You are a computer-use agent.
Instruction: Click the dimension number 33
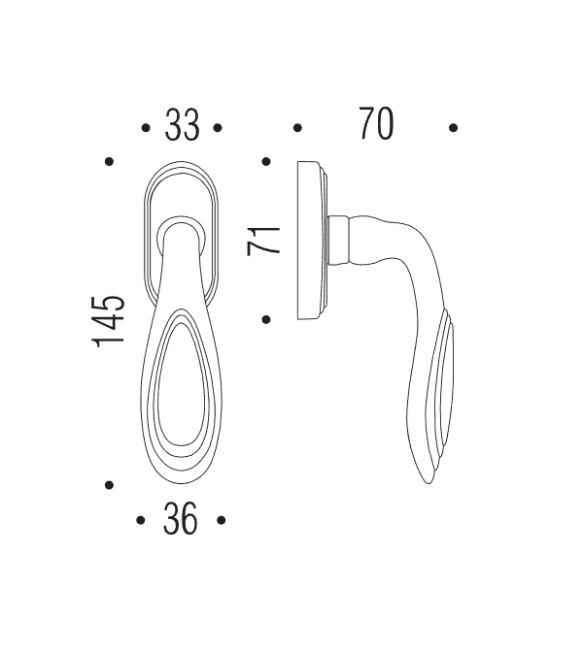(182, 126)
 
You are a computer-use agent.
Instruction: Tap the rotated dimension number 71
(264, 241)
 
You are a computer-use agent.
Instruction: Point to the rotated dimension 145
(110, 320)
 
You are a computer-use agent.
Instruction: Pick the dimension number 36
(181, 521)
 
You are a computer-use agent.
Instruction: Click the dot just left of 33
(145, 127)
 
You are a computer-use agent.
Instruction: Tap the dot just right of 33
(219, 127)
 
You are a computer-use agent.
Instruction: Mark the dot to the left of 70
(297, 127)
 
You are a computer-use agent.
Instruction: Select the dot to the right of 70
(454, 127)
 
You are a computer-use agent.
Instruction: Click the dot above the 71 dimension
(265, 162)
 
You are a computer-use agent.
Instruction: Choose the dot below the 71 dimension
(265, 318)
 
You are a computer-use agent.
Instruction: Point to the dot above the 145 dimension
(110, 162)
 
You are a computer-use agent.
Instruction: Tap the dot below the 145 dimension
(110, 485)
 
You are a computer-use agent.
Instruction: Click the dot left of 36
(141, 521)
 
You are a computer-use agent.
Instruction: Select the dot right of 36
(222, 521)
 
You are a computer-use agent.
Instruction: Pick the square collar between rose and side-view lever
(339, 240)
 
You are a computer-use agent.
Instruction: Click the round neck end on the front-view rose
(182, 231)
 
